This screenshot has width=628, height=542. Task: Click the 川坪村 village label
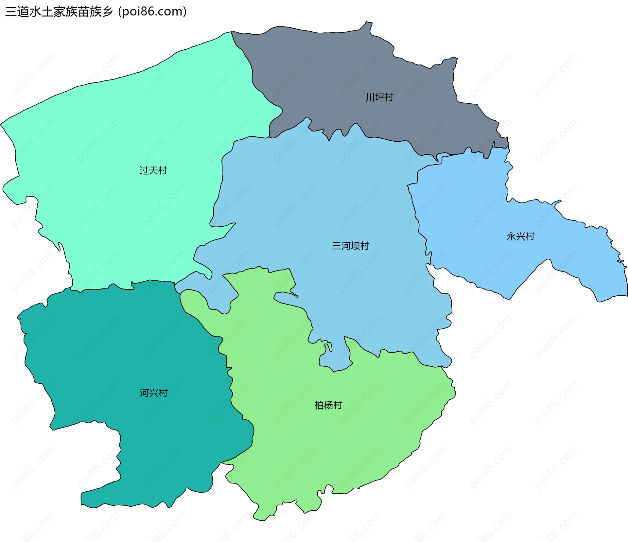379,97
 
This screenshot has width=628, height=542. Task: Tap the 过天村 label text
153,170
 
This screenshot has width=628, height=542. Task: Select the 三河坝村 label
351,246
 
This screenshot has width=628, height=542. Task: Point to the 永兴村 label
520,236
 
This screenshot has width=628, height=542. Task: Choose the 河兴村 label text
154,393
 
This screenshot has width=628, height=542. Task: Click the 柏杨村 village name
328,405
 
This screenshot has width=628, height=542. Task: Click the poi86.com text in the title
152,11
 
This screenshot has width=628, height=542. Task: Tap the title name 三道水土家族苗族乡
59,11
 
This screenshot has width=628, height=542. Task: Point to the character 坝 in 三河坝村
355,246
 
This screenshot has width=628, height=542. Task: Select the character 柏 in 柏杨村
319,405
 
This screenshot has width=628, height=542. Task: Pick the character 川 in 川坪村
370,97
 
